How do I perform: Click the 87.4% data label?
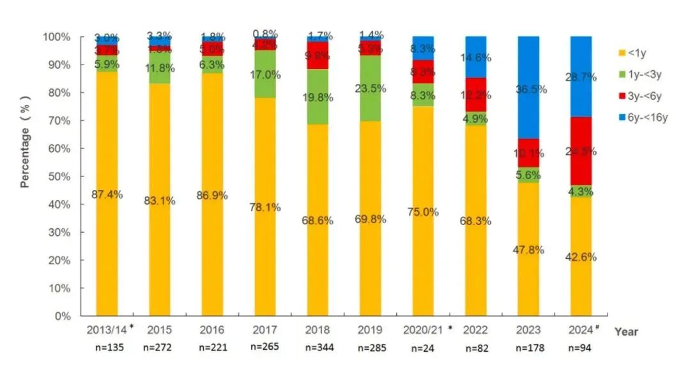[107, 194]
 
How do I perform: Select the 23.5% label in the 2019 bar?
[370, 89]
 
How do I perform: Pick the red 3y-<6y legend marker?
[622, 95]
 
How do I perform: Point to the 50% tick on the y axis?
[63, 176]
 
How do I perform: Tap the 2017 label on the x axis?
[264, 331]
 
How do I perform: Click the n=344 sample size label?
[317, 348]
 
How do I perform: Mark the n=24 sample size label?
[422, 349]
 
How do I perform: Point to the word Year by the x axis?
[626, 332]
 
